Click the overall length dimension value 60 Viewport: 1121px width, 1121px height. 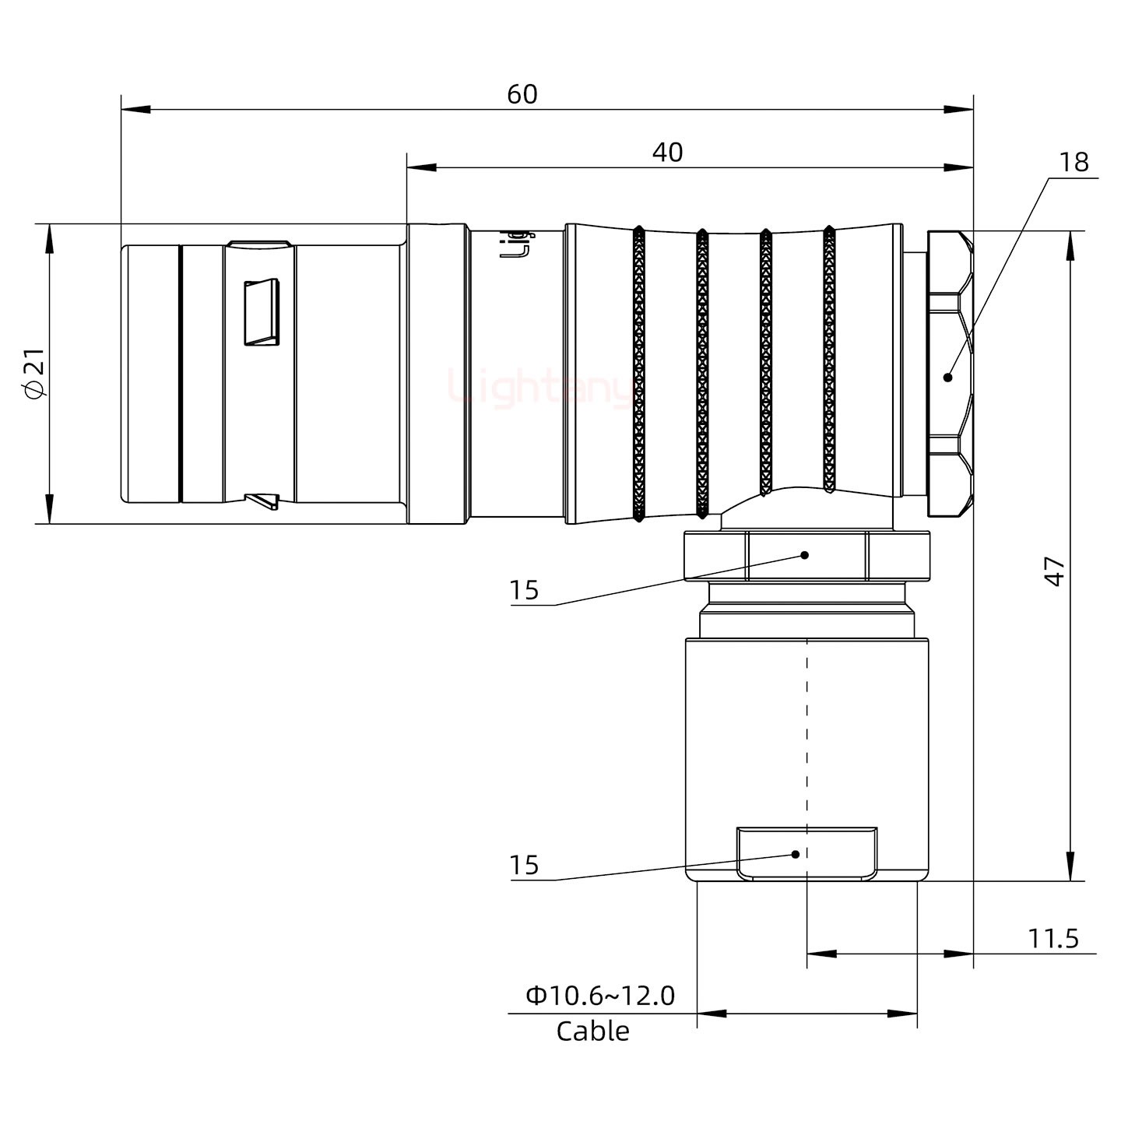(522, 94)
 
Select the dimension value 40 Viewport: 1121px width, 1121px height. (667, 153)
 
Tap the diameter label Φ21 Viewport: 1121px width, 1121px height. (36, 374)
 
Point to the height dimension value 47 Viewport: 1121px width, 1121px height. (1054, 571)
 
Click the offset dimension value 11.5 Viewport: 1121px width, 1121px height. (1053, 939)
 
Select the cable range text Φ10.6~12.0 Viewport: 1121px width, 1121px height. (600, 996)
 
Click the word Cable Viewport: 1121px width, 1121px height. (592, 1031)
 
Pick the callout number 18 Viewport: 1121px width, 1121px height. (1074, 163)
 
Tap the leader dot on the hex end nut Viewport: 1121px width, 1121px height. (947, 378)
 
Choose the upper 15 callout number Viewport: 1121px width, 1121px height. (524, 591)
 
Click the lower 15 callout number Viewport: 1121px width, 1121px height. (524, 866)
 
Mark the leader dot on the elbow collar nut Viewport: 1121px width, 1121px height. (806, 555)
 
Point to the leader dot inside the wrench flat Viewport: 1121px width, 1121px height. (796, 854)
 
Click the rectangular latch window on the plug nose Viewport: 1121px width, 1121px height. (262, 312)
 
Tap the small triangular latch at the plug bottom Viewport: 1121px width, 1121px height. (262, 501)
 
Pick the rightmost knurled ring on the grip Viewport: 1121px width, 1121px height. (829, 360)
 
